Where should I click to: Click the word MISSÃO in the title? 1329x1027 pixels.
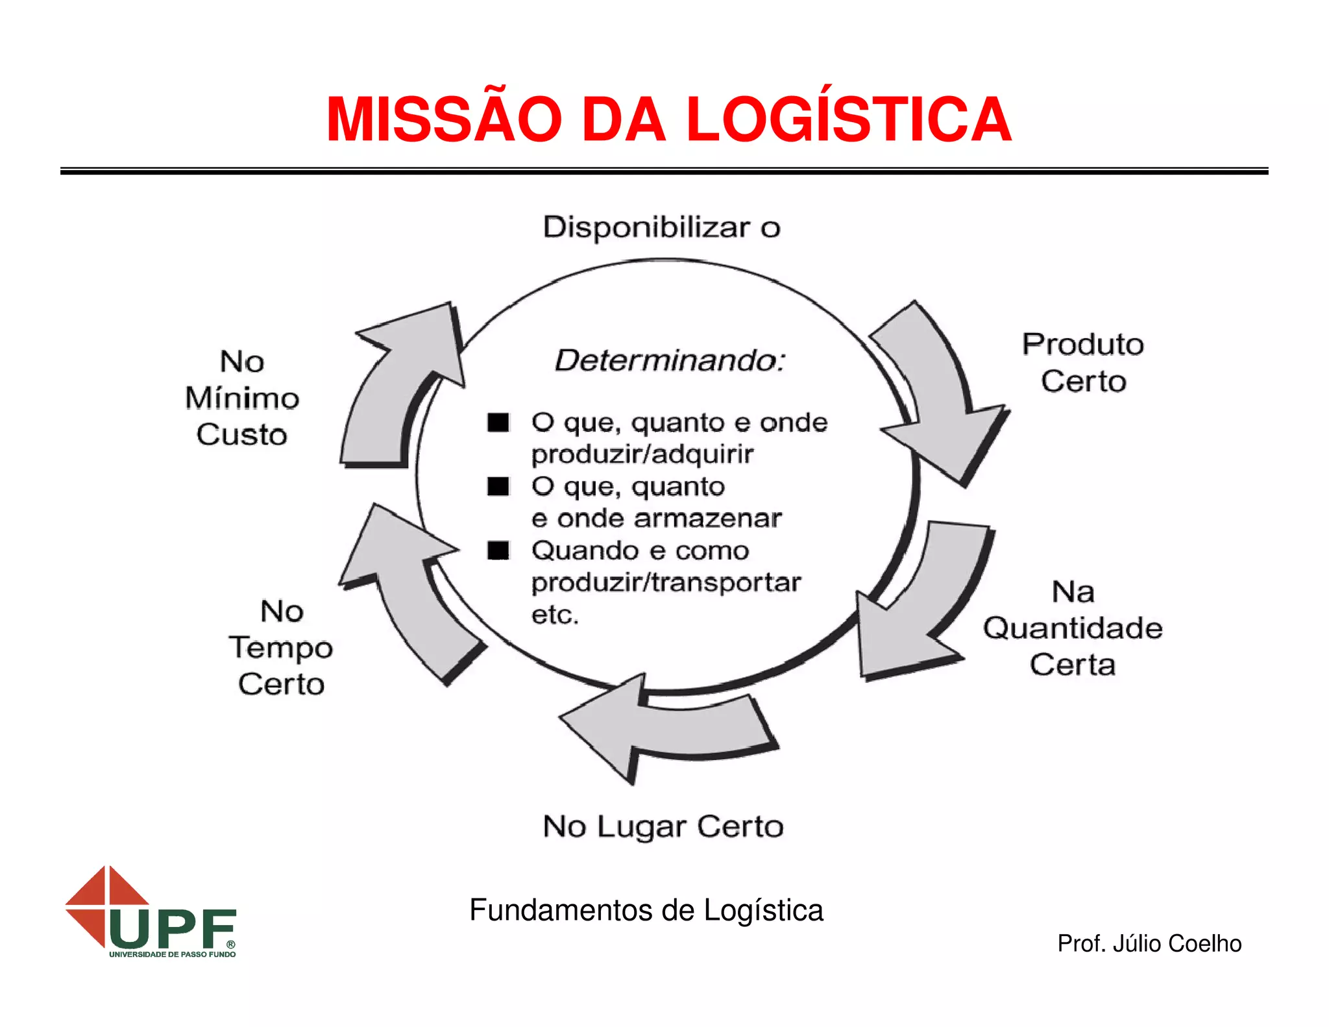443,120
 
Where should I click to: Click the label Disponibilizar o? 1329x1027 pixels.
661,228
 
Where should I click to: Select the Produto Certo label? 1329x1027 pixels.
1083,362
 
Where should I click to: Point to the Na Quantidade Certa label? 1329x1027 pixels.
1073,628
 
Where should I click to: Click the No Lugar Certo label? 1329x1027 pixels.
663,827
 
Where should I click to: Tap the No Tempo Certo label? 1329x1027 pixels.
281,648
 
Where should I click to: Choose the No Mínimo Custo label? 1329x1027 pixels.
242,398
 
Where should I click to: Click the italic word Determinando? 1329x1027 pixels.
670,361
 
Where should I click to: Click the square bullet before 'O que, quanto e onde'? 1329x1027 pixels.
498,423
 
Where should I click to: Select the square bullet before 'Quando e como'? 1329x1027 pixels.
498,551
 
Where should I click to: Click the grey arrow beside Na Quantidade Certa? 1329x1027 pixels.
921,610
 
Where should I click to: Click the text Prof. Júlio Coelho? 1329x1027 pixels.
1149,944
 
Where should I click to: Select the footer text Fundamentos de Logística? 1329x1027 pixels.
646,910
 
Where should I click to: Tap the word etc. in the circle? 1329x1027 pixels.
555,615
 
